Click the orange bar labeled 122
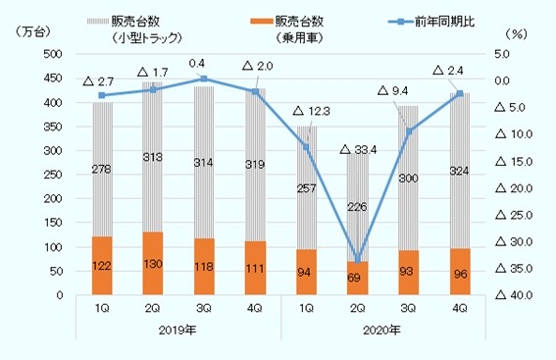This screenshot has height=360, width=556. click(x=102, y=265)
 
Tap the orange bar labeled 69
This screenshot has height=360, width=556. click(x=358, y=278)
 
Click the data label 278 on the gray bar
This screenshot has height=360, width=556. click(x=102, y=171)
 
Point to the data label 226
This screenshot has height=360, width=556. click(x=358, y=207)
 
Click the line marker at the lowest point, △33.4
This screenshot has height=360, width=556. click(x=358, y=259)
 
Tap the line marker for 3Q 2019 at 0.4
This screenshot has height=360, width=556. click(x=204, y=77)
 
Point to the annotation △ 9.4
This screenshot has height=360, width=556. click(x=395, y=91)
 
